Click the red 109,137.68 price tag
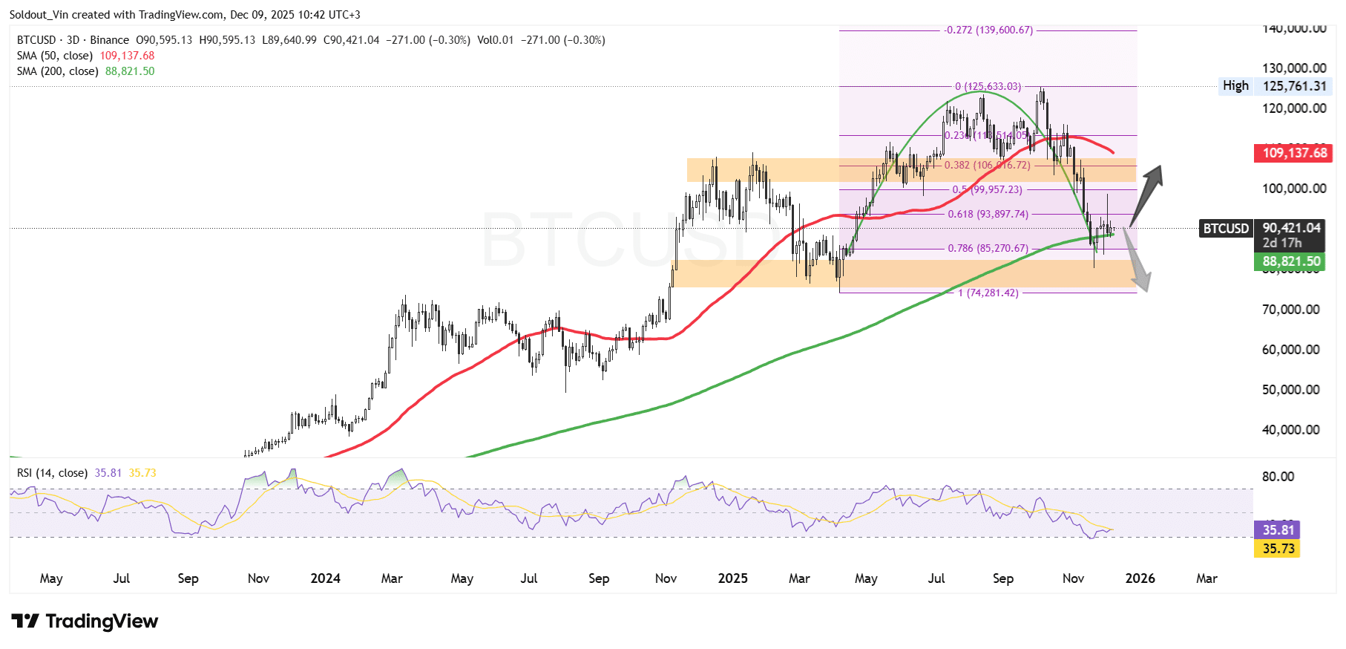[x=1294, y=153]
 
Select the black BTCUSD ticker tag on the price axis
[x=1226, y=229]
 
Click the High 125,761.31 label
[x=1273, y=86]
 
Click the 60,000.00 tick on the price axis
[x=1290, y=349]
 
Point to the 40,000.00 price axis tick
[x=1290, y=429]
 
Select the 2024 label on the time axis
[x=325, y=578]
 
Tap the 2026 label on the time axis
[x=1140, y=578]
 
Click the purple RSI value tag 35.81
[x=1278, y=530]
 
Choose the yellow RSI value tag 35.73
[x=1278, y=549]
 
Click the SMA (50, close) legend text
[x=55, y=56]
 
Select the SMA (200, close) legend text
[x=58, y=71]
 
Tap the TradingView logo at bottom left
[x=85, y=621]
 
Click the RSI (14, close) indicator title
[x=52, y=473]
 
